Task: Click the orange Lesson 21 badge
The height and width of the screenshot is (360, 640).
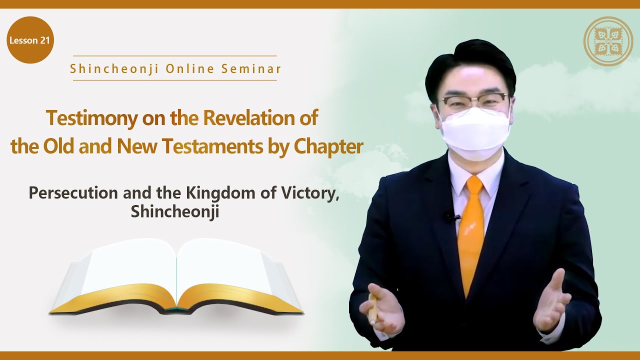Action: tap(30, 40)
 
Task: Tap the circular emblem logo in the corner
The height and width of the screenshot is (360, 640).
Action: tap(608, 41)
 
